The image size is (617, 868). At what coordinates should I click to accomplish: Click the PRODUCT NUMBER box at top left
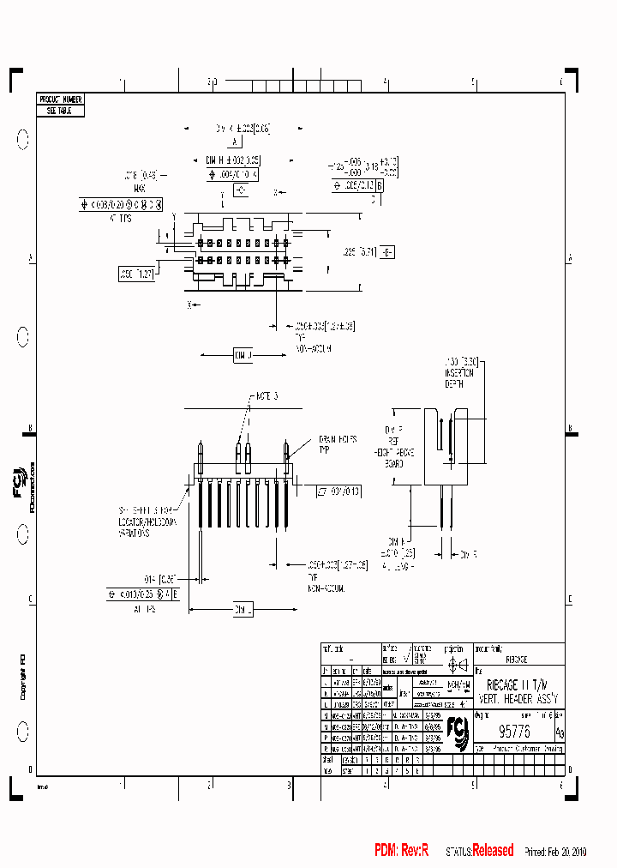point(60,100)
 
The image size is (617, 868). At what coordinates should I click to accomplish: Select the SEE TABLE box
point(60,111)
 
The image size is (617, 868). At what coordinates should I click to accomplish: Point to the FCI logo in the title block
point(459,733)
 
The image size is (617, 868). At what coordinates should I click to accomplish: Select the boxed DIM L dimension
point(242,611)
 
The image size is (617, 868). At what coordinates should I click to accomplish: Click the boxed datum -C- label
point(239,190)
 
